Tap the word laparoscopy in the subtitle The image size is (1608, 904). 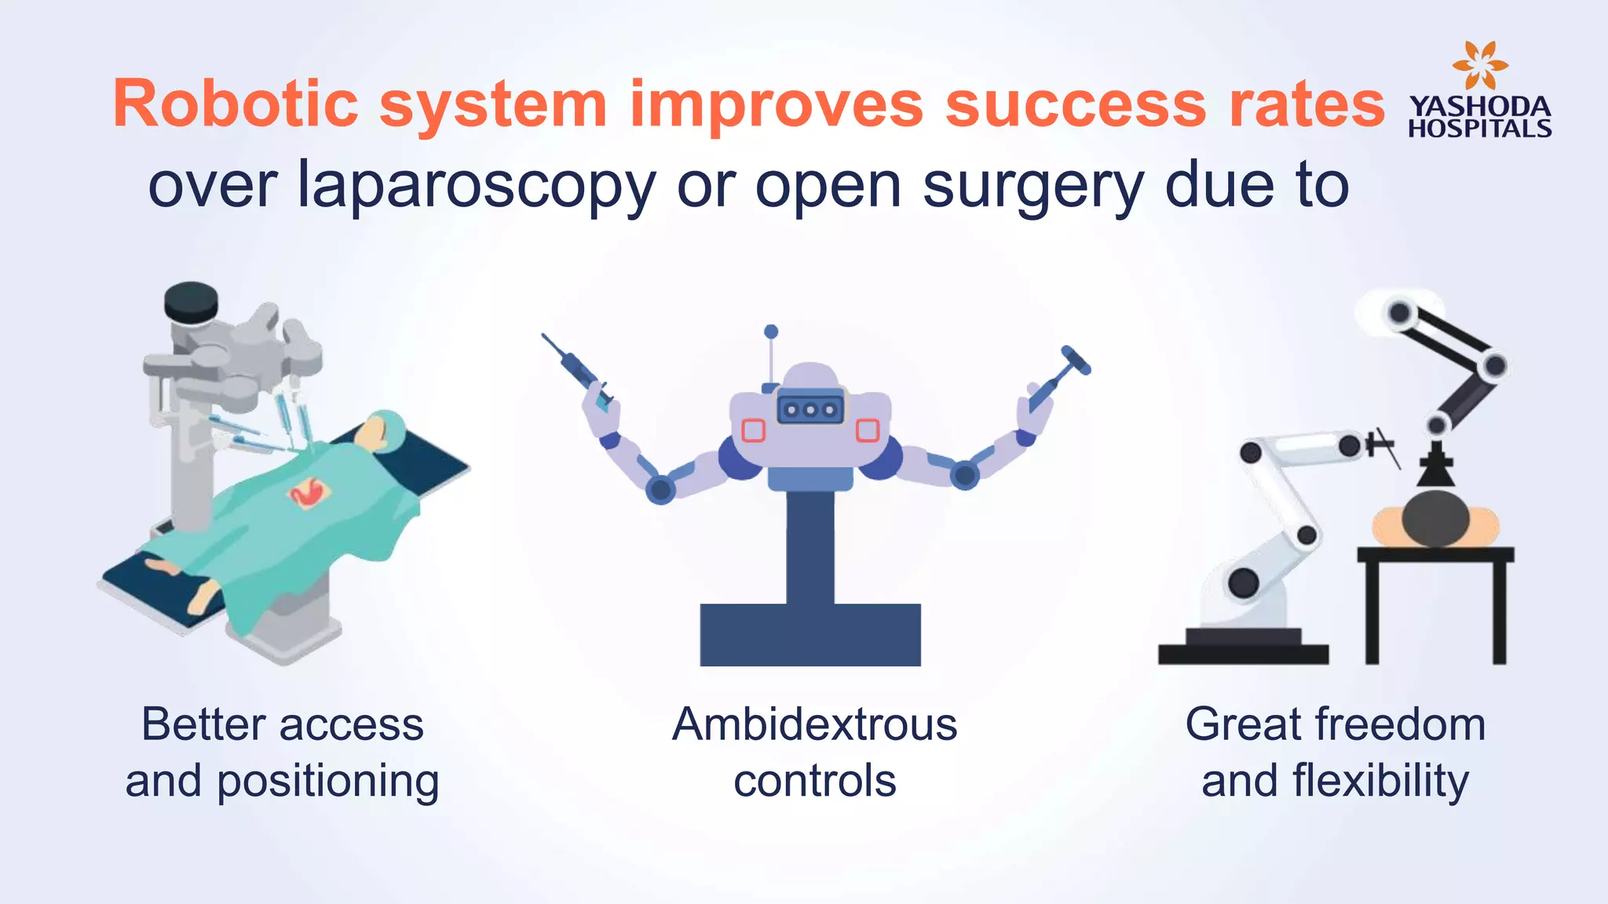pos(476,187)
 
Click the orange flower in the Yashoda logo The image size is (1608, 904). pos(1479,64)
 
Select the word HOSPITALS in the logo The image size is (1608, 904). pos(1479,129)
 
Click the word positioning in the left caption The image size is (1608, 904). pos(327,782)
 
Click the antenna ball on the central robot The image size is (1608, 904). pos(771,332)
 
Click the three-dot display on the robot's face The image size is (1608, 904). pos(810,409)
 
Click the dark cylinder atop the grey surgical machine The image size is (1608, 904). pos(191,302)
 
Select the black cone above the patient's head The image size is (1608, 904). pos(1436,468)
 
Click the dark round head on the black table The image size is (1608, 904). pos(1435,518)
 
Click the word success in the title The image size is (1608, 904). pos(1075,104)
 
